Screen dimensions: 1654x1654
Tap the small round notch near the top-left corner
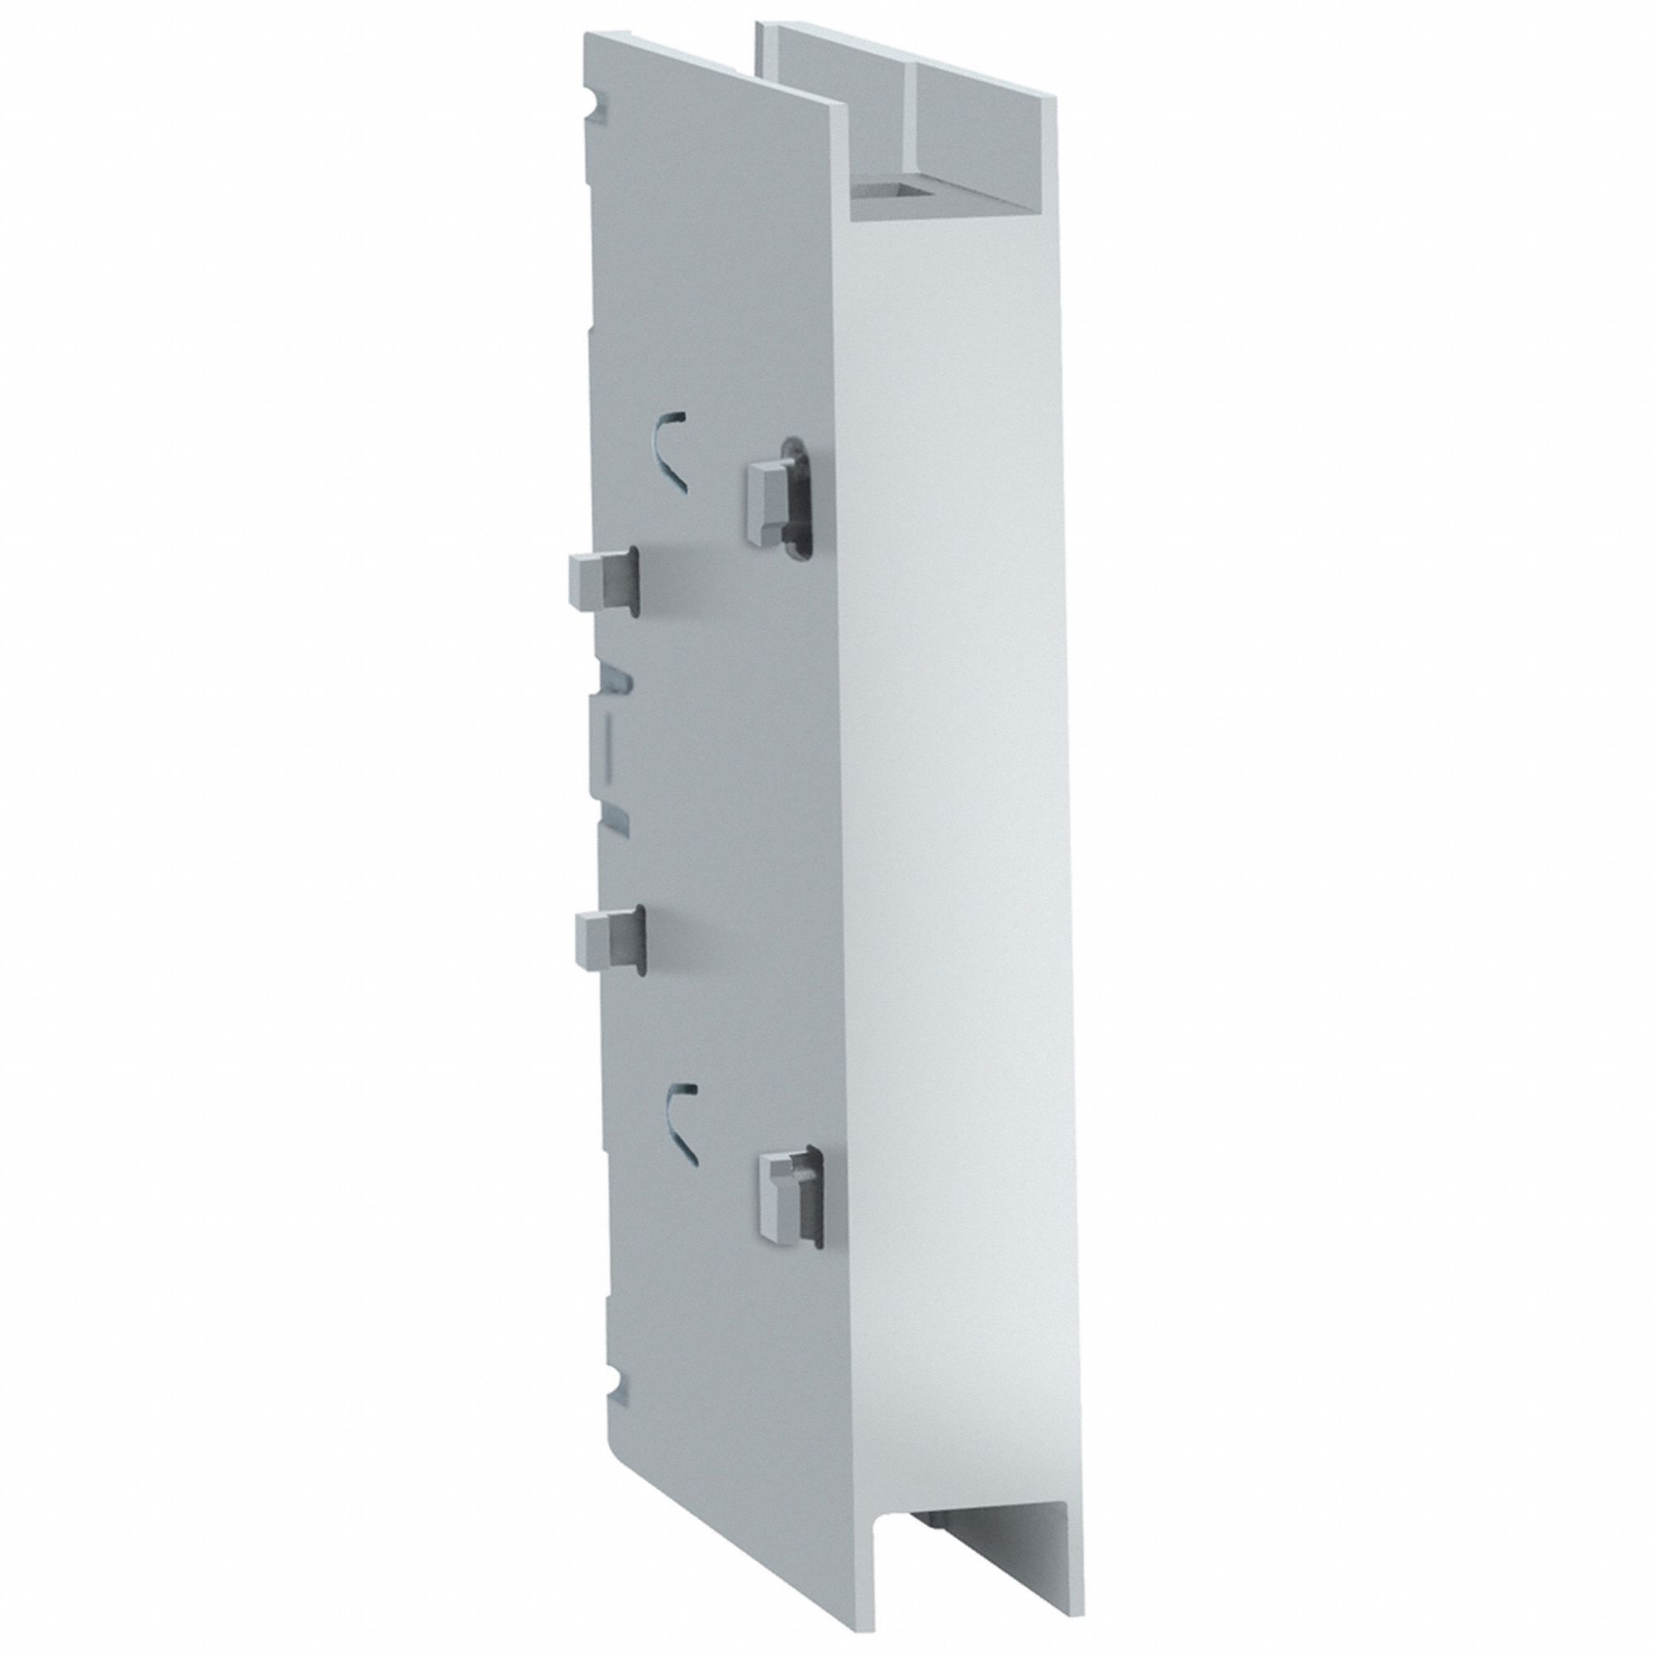(x=600, y=106)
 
